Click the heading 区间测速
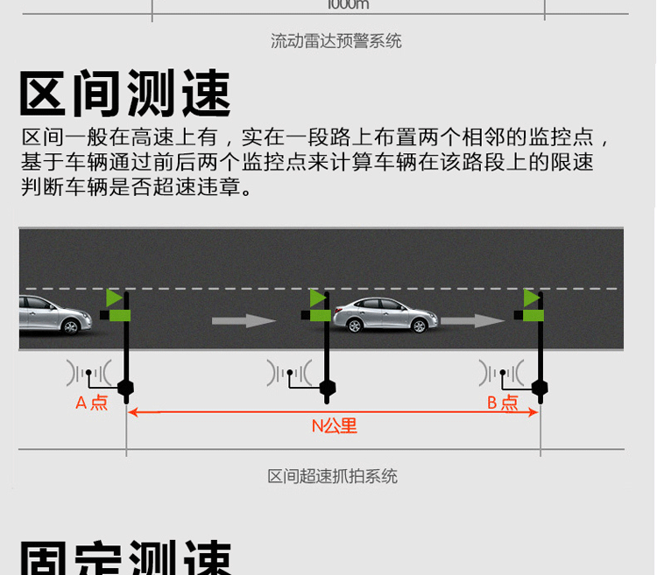[125, 95]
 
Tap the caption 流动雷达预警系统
[336, 41]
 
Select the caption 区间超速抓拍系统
[332, 476]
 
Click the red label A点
[92, 403]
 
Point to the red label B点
[503, 403]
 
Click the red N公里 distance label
[335, 426]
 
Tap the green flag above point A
[115, 298]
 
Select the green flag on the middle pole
[318, 298]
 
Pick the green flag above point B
[532, 298]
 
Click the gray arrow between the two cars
[244, 321]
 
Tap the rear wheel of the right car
[355, 325]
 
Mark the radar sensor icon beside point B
[502, 375]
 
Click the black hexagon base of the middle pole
[328, 387]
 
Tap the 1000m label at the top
[348, 4]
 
